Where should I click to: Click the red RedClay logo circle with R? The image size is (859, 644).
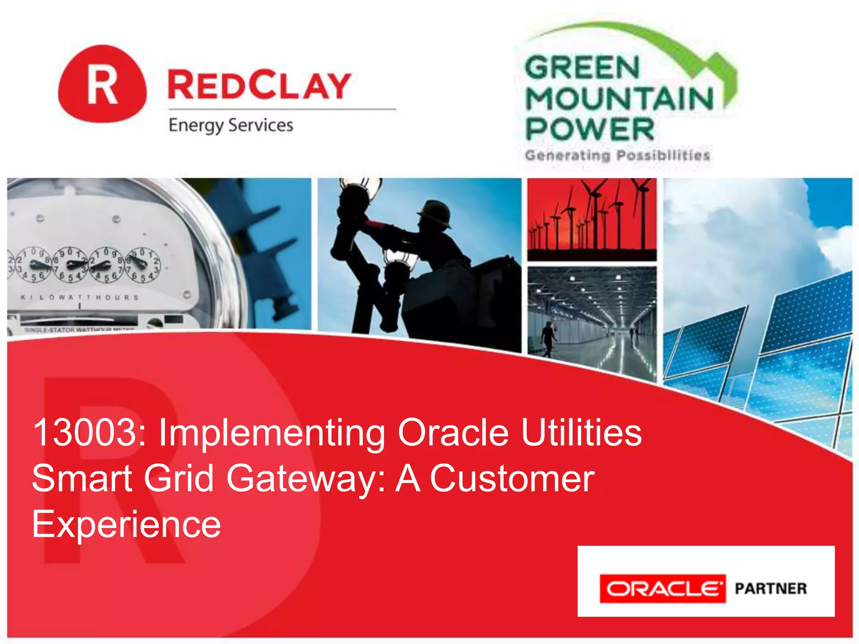102,84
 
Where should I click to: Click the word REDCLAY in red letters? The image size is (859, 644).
259,86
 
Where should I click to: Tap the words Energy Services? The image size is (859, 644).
231,125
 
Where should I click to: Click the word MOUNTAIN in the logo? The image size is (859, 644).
619,99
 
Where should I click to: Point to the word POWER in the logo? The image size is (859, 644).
589,129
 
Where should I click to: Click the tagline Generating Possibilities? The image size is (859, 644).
617,156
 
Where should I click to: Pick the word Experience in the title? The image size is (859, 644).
126,524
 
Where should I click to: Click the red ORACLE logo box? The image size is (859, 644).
662,589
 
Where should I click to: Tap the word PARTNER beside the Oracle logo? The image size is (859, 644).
770,589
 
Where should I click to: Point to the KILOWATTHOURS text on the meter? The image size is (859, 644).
80,297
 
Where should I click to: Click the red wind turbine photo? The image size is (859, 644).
591,219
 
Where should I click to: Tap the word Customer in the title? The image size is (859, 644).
512,479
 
